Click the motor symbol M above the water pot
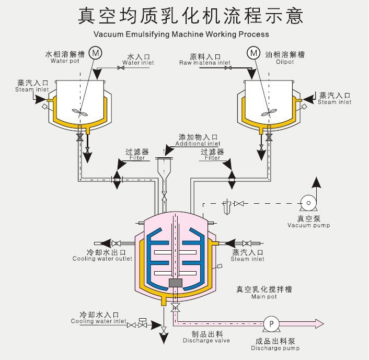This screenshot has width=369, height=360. click(96, 52)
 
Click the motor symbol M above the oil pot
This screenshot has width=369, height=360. click(254, 53)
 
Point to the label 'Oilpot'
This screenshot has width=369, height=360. click(285, 61)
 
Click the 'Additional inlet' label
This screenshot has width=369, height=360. click(198, 144)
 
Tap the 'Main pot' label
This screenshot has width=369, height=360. click(264, 297)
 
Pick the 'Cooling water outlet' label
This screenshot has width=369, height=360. click(102, 259)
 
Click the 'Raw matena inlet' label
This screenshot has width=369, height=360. click(205, 63)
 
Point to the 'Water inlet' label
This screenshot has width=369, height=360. click(138, 63)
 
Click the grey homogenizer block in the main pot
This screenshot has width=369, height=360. click(176, 282)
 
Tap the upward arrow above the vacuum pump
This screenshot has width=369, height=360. click(316, 183)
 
